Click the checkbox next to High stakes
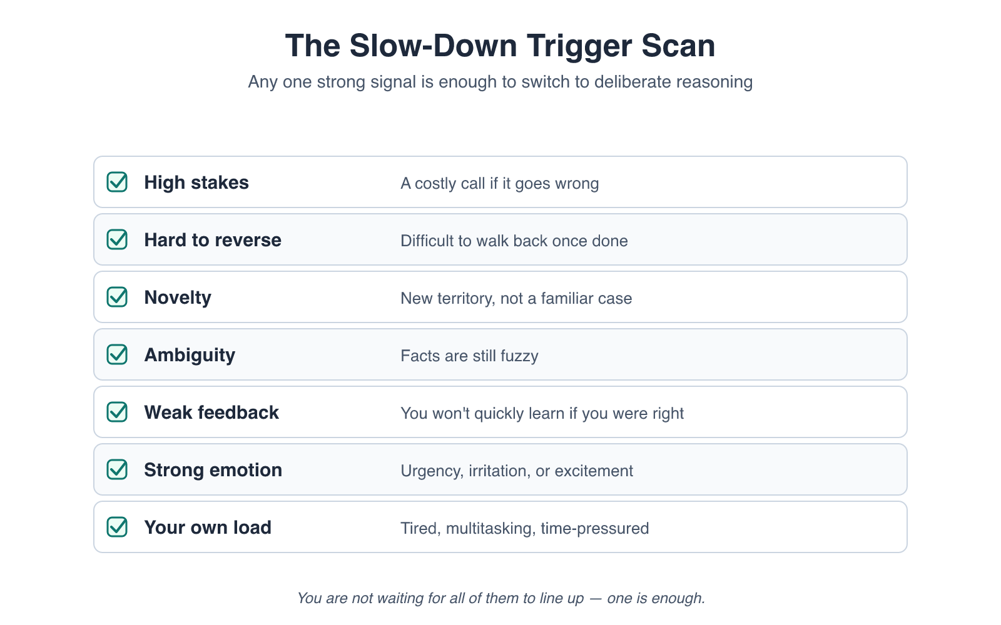tap(117, 182)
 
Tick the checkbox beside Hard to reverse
tap(117, 240)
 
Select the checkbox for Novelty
tap(117, 297)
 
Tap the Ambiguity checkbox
tap(117, 354)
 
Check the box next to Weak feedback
tap(117, 412)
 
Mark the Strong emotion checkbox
tap(117, 469)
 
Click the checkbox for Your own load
tap(117, 527)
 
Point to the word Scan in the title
tap(678, 46)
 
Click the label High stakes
tap(196, 182)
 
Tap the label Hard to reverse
tap(213, 240)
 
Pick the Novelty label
tap(178, 298)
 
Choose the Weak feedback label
tap(211, 412)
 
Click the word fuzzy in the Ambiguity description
tap(519, 356)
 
